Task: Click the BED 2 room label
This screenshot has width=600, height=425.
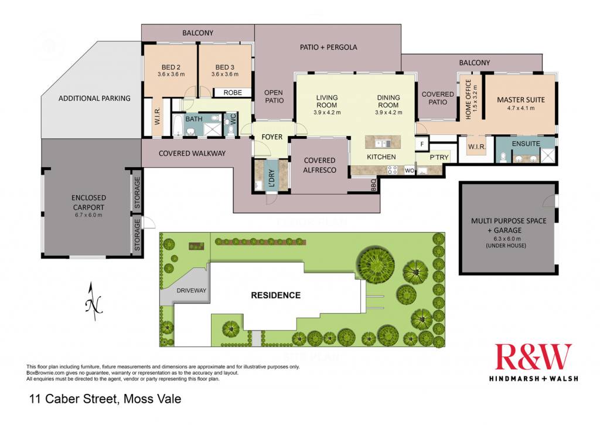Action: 171,67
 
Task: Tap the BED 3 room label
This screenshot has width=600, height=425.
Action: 224,67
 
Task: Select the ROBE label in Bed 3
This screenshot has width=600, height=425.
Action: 233,93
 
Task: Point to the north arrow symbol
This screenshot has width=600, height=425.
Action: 93,302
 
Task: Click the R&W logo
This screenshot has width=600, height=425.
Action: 533,356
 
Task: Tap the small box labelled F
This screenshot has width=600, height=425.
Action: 422,144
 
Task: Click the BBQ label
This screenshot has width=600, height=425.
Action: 373,185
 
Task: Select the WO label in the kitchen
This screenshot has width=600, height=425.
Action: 409,171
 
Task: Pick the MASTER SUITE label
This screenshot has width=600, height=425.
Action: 521,100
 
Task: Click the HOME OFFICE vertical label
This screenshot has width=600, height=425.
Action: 468,100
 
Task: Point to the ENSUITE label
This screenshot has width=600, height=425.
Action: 526,144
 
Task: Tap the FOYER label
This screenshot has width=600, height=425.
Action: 272,137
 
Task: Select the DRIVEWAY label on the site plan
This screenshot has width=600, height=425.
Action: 192,291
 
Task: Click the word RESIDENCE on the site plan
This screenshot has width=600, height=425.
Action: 275,295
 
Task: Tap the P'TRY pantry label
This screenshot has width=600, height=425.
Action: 439,157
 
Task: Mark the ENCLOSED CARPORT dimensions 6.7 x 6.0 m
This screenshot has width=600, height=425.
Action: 88,215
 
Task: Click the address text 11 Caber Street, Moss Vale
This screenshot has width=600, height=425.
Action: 105,399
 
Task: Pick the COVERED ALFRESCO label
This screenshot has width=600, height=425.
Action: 319,165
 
